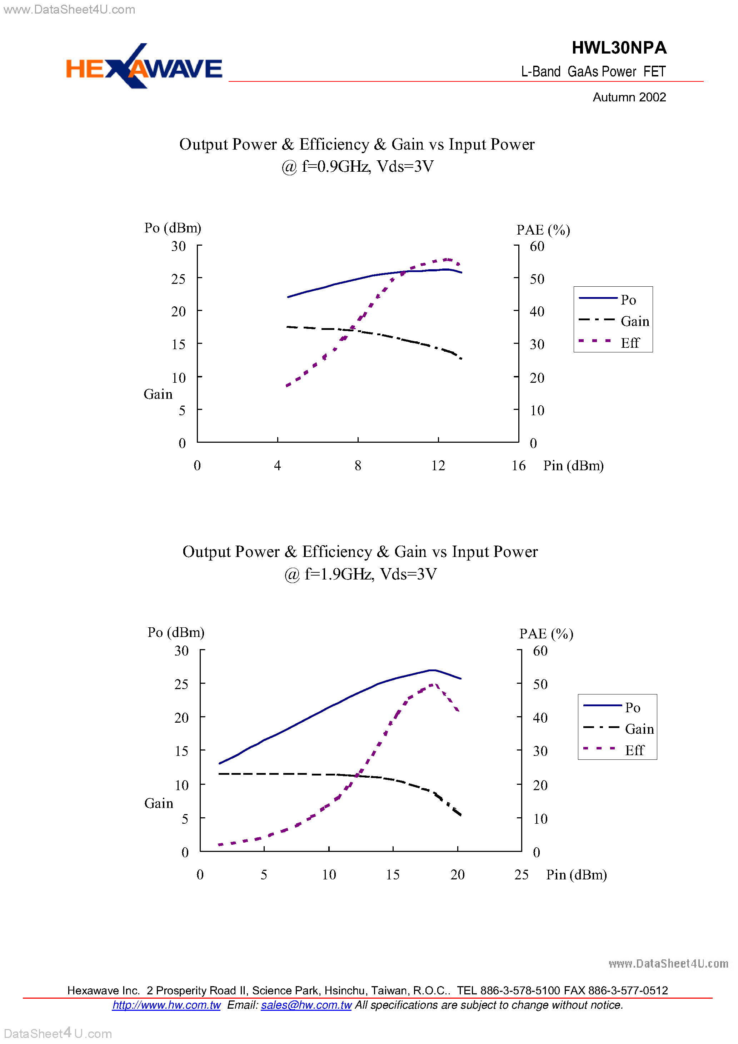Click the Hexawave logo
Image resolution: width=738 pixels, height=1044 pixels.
[x=144, y=67]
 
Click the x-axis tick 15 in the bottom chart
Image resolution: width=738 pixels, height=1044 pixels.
[x=392, y=874]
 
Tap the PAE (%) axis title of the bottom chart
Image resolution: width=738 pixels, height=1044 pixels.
[x=546, y=633]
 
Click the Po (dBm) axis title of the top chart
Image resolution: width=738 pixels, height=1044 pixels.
[x=173, y=228]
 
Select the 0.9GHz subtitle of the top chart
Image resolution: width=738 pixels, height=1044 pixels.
[x=357, y=166]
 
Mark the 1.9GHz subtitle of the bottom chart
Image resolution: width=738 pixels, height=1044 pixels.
[x=360, y=574]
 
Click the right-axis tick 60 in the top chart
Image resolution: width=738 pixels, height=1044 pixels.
[x=537, y=246]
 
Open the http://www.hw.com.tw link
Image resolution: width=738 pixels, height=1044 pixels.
[x=166, y=1005]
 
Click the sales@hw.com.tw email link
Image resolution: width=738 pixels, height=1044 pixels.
[x=306, y=1005]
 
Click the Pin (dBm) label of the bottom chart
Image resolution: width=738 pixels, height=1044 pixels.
[x=576, y=874]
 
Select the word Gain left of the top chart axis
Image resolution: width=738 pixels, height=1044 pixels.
[x=158, y=394]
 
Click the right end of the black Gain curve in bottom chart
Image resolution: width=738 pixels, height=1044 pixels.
[x=460, y=815]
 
